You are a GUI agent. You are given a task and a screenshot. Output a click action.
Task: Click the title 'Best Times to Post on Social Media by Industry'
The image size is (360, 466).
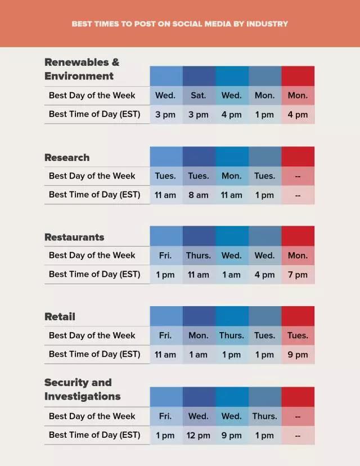[x=180, y=24]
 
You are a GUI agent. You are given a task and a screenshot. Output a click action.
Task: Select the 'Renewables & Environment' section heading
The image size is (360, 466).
[x=82, y=69]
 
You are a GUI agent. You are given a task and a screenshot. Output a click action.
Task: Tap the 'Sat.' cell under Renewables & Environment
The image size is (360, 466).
[x=199, y=96]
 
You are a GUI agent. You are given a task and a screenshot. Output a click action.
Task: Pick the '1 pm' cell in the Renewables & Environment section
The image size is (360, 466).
[x=264, y=114]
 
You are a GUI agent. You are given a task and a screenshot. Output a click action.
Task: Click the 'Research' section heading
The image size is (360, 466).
[x=67, y=158]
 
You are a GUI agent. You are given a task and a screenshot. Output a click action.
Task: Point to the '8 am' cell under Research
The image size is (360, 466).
[x=199, y=195]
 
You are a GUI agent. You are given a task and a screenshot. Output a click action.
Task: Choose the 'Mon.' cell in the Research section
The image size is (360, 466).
[x=231, y=176]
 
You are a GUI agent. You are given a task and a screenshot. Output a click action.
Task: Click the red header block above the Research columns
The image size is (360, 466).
[x=298, y=156]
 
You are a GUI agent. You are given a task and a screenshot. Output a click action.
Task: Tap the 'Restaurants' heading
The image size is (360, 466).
[x=74, y=237]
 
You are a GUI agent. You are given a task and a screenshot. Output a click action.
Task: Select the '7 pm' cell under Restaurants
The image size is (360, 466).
[x=298, y=275]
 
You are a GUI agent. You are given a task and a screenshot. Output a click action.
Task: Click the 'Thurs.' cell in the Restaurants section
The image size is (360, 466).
[x=199, y=256]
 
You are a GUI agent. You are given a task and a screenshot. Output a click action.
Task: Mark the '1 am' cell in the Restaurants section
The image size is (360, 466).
[x=231, y=275]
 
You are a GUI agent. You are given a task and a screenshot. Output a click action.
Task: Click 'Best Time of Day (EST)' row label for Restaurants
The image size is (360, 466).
[x=94, y=274]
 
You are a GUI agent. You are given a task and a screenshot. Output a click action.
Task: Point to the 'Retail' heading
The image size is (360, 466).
[x=60, y=317]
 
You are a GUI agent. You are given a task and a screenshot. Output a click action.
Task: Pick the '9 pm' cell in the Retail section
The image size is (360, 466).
[x=298, y=355]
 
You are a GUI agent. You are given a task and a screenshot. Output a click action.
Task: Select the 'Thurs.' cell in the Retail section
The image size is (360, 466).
[x=231, y=335]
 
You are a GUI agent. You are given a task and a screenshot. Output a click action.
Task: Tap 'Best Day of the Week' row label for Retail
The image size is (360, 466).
[x=92, y=335]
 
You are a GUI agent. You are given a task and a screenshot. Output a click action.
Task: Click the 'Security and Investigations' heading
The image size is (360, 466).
[x=82, y=389]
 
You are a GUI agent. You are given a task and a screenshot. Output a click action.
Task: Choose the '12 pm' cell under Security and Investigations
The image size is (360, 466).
[x=199, y=435]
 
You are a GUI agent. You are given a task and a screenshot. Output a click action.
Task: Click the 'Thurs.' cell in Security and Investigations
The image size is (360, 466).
[x=264, y=416]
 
